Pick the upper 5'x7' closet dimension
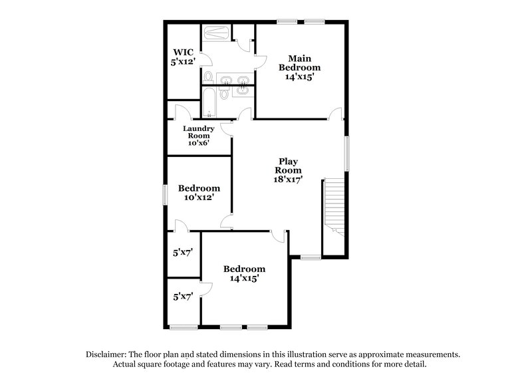(x=182, y=253)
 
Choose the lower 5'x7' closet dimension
(x=182, y=297)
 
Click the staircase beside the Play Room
(x=334, y=207)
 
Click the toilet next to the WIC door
(x=207, y=78)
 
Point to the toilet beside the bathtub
(x=224, y=95)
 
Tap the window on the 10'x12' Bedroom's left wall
(x=166, y=193)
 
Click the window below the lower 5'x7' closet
(x=183, y=326)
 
